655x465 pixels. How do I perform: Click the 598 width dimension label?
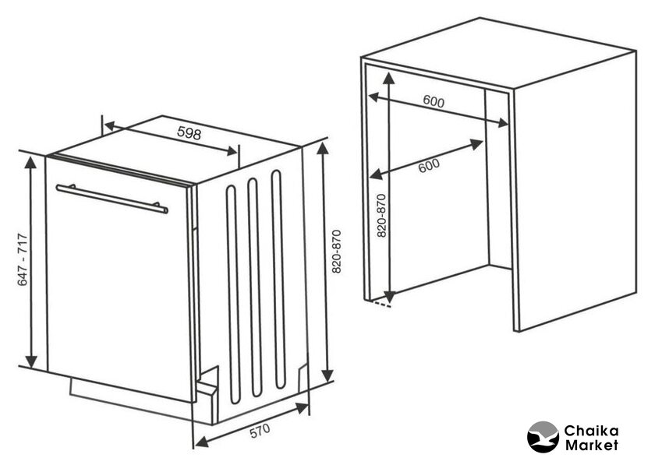189,132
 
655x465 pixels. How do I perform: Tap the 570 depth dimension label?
260,431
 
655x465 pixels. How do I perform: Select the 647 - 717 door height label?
23,259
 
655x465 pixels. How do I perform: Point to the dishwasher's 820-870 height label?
336,252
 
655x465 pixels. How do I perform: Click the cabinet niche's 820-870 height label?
381,216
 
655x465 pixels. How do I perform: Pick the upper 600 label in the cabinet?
434,101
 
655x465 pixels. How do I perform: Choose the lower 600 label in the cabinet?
429,165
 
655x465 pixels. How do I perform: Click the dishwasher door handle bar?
112,199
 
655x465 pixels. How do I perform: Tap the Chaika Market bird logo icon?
543,437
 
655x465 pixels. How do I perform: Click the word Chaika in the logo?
591,431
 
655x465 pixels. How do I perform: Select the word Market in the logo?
592,445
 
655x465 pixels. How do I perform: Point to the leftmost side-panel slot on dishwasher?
233,294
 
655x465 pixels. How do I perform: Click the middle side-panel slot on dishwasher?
255,287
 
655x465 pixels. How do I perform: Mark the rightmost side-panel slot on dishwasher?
278,280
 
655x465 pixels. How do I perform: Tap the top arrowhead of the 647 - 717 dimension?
30,161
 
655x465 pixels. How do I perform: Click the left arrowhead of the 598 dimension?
111,125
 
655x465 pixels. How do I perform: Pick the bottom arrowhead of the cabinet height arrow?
389,296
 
